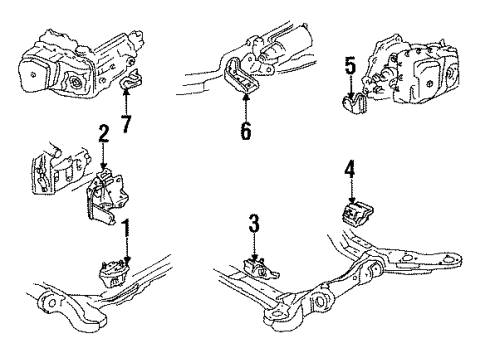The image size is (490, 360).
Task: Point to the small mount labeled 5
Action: pyautogui.click(x=353, y=103)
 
